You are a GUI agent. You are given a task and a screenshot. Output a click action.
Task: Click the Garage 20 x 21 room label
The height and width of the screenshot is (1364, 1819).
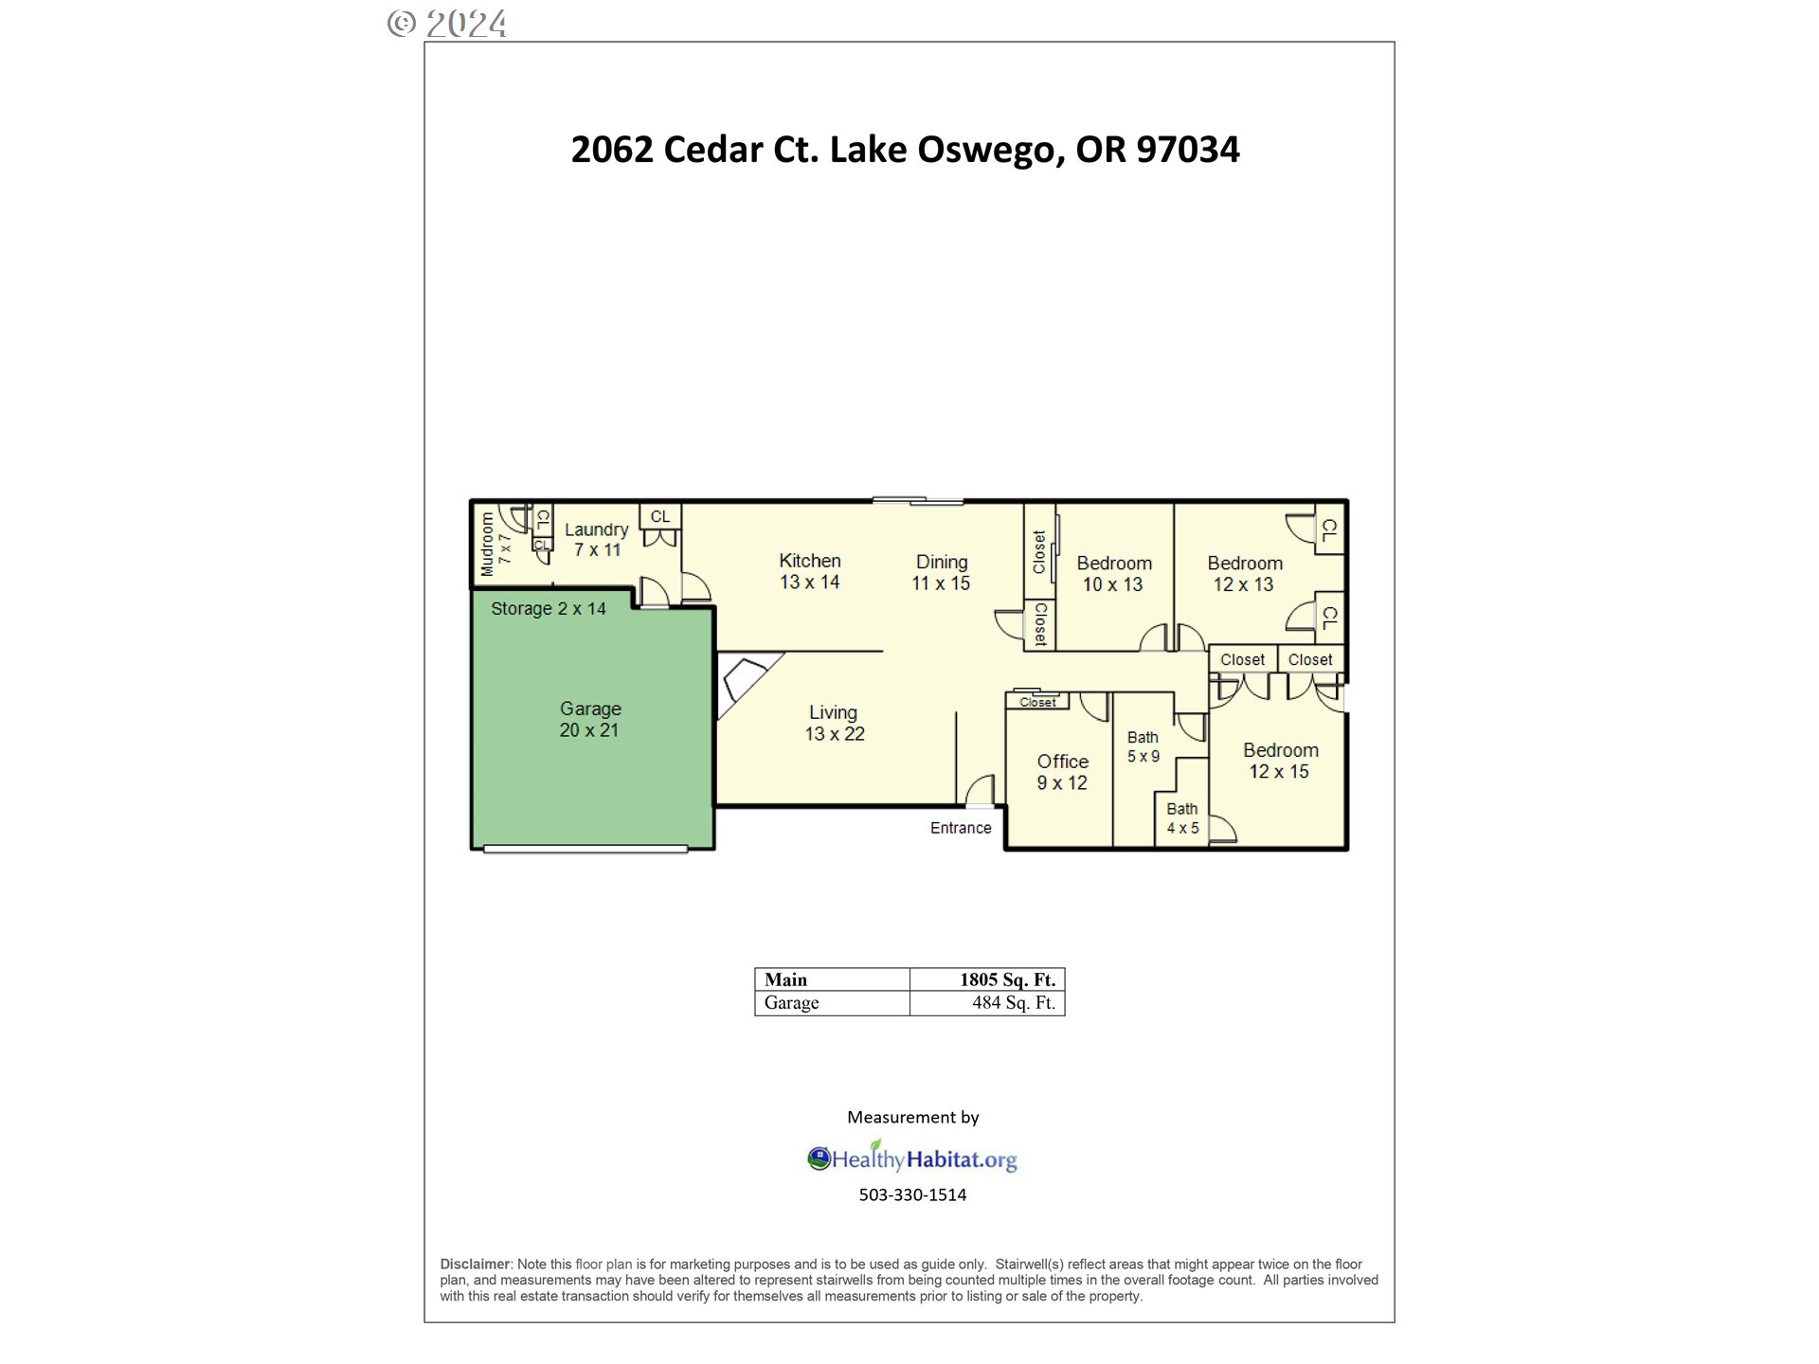589,719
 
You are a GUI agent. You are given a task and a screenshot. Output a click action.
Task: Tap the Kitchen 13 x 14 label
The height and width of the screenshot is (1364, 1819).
809,571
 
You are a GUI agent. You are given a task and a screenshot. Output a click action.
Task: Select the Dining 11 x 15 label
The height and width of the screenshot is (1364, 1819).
941,572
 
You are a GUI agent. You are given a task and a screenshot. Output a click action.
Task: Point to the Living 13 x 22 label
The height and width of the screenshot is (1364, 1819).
834,723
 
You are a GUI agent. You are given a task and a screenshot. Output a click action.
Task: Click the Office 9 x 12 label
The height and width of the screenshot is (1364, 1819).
1062,772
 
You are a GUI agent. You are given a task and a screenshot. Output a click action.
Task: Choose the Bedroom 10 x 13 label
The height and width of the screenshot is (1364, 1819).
1113,574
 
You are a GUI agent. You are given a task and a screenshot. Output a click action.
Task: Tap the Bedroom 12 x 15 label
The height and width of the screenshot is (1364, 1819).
1280,761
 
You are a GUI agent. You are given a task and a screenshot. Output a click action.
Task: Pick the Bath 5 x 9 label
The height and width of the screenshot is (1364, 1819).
1143,746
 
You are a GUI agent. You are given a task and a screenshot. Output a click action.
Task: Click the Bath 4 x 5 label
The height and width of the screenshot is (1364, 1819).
1182,818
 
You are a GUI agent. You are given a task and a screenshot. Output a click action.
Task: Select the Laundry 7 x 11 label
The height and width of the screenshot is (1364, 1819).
597,539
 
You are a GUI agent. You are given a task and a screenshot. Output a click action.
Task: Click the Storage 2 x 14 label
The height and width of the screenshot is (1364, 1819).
548,609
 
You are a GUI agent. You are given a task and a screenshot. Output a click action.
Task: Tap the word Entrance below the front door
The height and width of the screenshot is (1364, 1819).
961,828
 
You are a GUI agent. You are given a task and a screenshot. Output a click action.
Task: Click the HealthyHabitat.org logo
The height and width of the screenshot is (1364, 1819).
912,1158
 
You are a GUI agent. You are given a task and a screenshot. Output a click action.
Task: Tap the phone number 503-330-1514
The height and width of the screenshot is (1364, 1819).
912,1195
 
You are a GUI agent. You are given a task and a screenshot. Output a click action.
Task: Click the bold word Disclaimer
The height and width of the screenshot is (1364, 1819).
475,1265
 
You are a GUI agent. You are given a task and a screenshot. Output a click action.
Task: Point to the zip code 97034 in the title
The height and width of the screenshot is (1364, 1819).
1187,150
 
